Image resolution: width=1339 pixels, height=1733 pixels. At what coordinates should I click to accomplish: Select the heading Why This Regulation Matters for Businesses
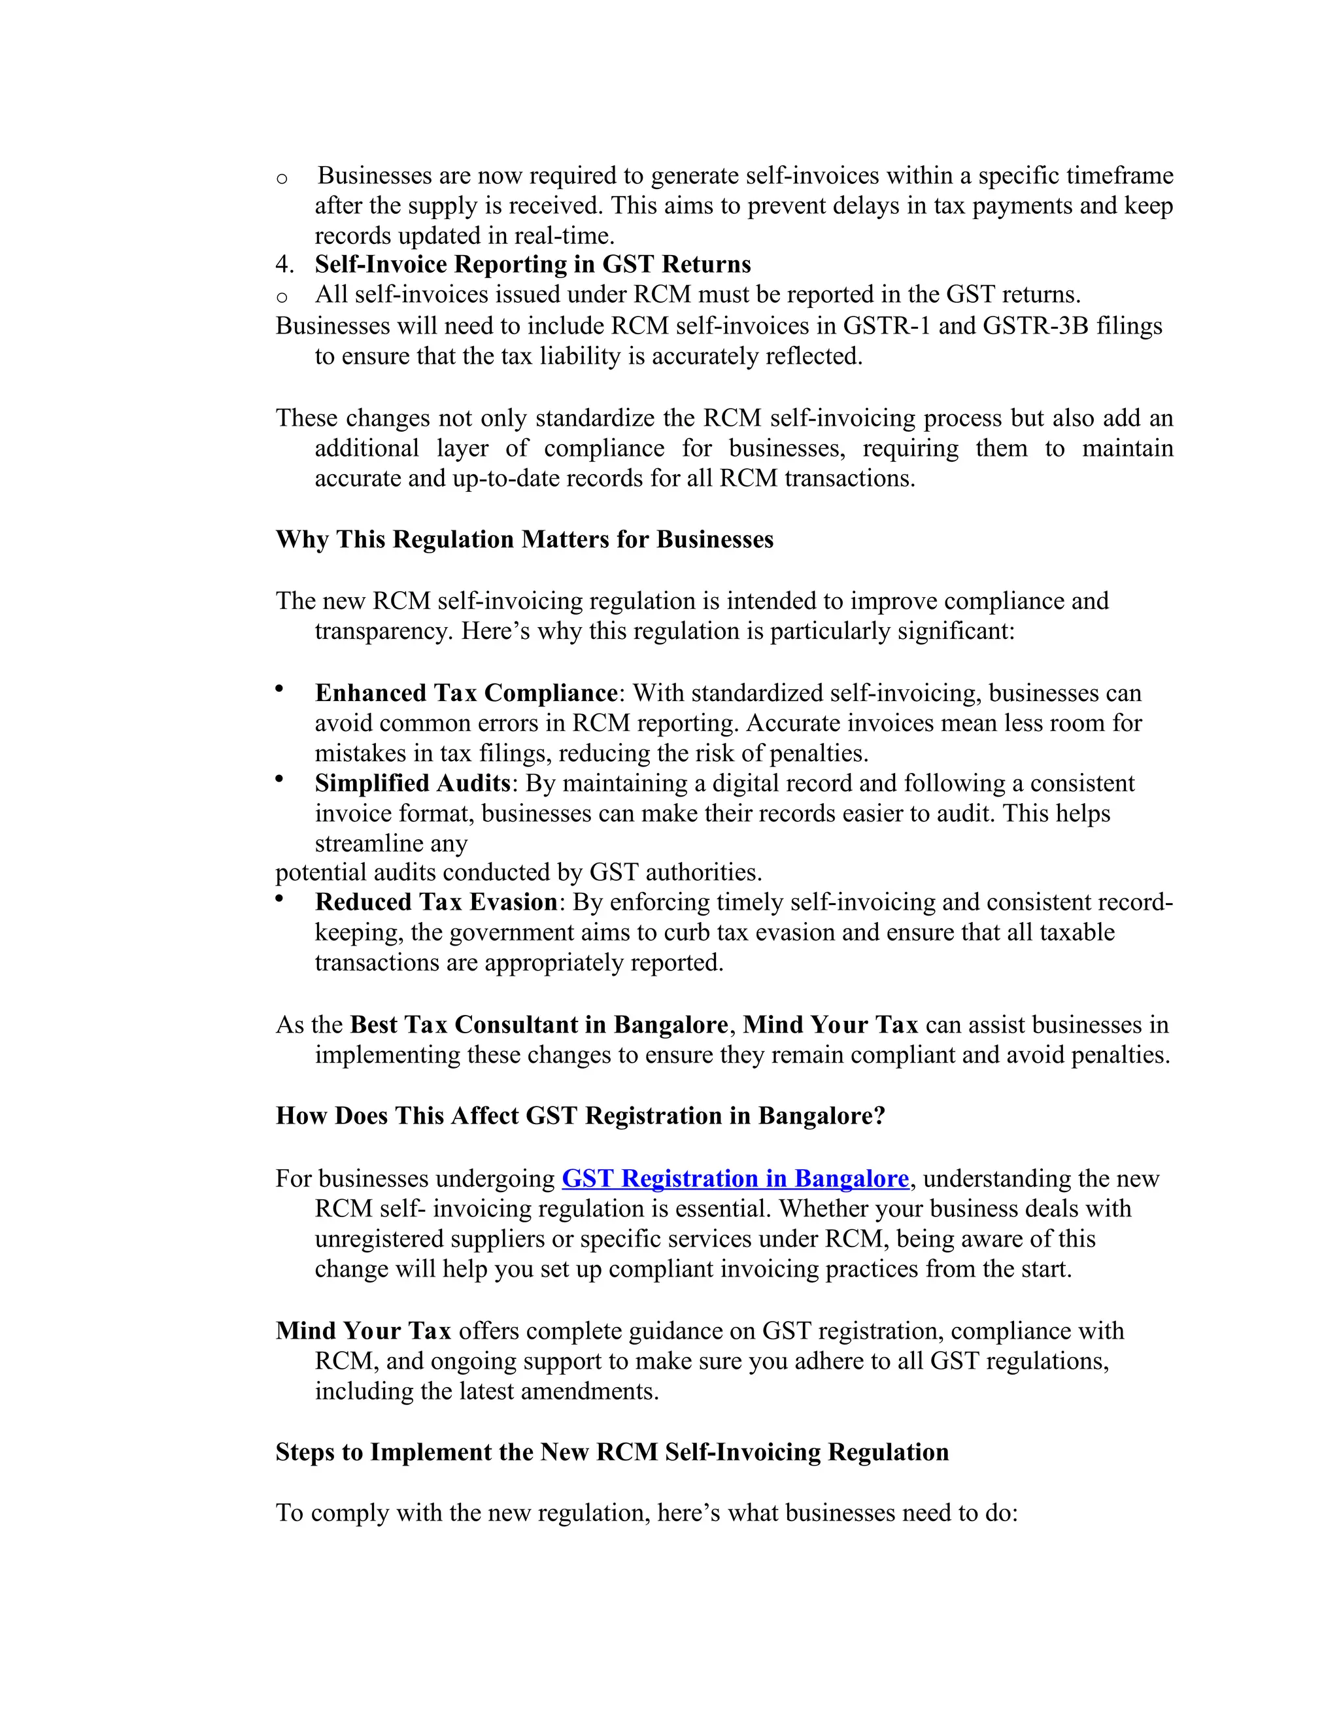click(x=524, y=540)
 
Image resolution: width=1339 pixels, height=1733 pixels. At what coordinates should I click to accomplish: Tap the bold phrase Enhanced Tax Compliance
click(x=466, y=693)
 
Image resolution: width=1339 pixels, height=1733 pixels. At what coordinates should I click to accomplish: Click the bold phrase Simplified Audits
click(x=412, y=784)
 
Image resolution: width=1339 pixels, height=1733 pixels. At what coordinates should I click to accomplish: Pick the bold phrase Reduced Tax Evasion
click(x=435, y=902)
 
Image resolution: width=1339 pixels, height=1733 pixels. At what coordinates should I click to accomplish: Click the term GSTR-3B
click(x=1035, y=326)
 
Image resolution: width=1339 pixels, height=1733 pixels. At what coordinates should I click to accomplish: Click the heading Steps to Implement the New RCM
click(x=611, y=1452)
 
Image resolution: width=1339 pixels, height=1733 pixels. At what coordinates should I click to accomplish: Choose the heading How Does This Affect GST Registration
click(x=580, y=1116)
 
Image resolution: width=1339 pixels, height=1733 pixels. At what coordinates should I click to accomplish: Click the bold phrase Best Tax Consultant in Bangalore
click(x=539, y=1025)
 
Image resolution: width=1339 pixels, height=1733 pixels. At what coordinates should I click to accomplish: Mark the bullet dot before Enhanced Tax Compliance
click(x=279, y=689)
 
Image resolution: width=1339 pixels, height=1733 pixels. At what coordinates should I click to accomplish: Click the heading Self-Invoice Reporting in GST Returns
click(x=532, y=264)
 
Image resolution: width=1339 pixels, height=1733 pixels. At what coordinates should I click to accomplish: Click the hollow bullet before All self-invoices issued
click(x=282, y=298)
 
